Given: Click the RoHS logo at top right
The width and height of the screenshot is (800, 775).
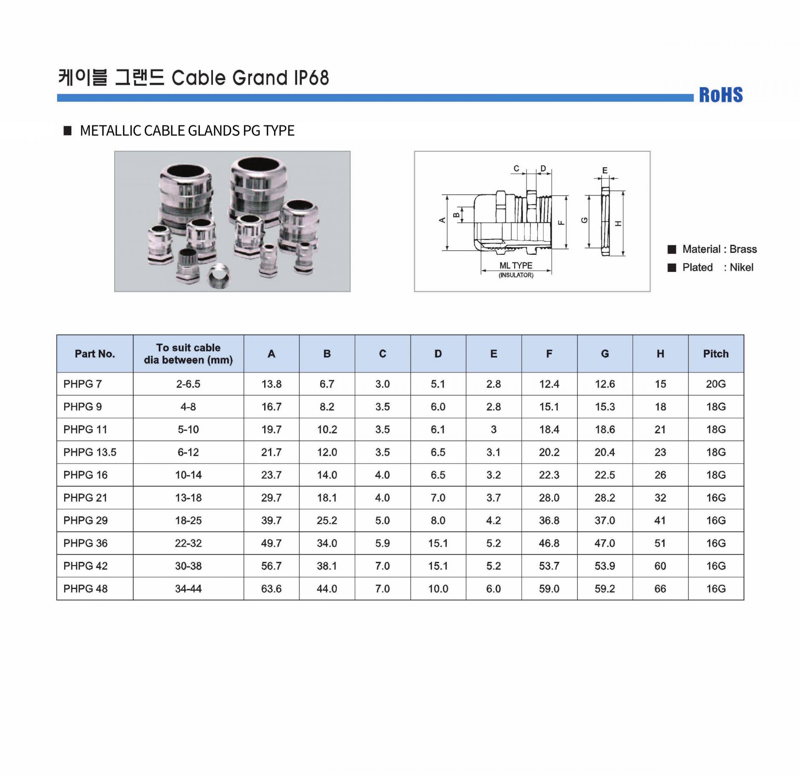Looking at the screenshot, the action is [721, 95].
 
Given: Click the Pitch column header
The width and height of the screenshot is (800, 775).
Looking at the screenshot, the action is [716, 354].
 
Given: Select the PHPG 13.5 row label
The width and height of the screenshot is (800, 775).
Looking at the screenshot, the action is [90, 452].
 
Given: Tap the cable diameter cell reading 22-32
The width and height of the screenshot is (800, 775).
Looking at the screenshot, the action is [188, 543].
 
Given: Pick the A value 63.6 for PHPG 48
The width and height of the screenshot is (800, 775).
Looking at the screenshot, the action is [271, 589].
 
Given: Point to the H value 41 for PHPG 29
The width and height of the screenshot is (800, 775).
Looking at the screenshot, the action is [660, 521].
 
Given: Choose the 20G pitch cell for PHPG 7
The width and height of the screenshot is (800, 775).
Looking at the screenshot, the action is [716, 384].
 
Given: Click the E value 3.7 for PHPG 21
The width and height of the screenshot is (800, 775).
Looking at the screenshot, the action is [493, 498].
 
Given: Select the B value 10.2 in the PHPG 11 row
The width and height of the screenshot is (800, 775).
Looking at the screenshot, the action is [327, 429].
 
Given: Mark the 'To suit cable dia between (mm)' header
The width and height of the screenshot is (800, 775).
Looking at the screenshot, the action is [188, 354].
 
